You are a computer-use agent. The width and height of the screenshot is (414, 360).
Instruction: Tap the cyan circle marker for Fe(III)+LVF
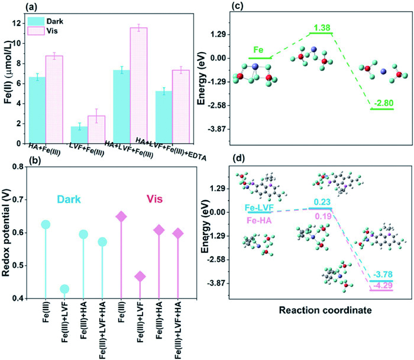point(64,289)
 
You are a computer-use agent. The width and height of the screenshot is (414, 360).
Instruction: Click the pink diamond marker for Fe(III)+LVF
point(140,277)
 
